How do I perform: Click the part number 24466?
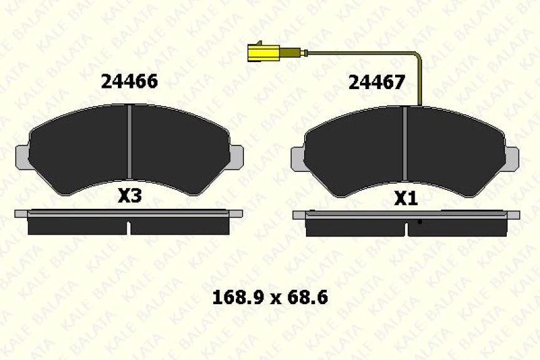pos(129,81)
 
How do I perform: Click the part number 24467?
pos(376,82)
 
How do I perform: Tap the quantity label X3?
pos(130,196)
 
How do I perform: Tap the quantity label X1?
pos(406,199)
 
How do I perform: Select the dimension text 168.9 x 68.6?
pos(270,297)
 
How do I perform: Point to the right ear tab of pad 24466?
pos(236,156)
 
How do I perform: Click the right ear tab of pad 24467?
pos(512,158)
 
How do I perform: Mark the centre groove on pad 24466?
pos(129,141)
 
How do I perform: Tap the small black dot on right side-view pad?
pos(420,221)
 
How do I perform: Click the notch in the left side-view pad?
pos(129,227)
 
